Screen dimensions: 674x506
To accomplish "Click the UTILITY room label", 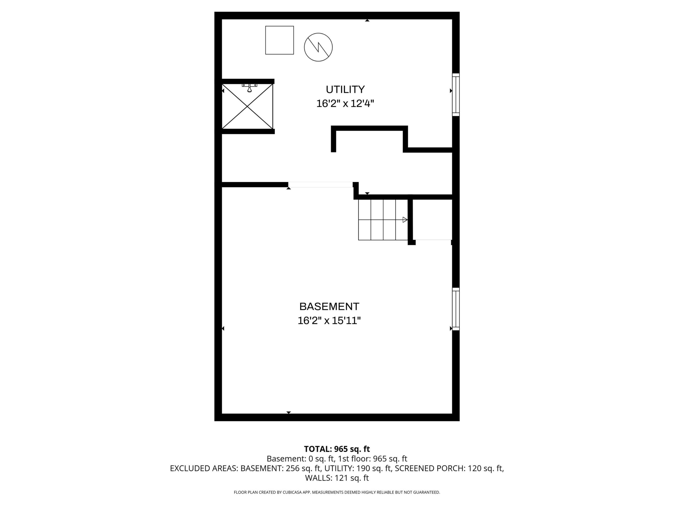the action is click(x=345, y=89).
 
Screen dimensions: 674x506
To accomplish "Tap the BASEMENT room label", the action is click(x=329, y=306).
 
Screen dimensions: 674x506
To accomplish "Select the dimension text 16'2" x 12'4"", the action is click(x=345, y=104).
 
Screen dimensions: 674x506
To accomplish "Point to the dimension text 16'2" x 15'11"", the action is click(x=329, y=320).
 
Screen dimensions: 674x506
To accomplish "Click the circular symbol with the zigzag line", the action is click(x=318, y=47).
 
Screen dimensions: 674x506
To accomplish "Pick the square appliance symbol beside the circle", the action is click(x=279, y=40).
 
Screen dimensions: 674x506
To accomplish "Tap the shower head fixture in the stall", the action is click(x=250, y=87).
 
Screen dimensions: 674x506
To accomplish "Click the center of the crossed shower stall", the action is click(x=247, y=106).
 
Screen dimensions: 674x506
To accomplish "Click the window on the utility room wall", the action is click(x=456, y=95).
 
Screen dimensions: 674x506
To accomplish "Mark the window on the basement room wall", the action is click(x=456, y=309).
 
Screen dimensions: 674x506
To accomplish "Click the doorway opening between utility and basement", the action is click(x=321, y=184).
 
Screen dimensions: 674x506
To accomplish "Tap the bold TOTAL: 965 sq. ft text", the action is click(x=337, y=449).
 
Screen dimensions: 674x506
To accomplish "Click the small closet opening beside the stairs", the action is click(x=433, y=240).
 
